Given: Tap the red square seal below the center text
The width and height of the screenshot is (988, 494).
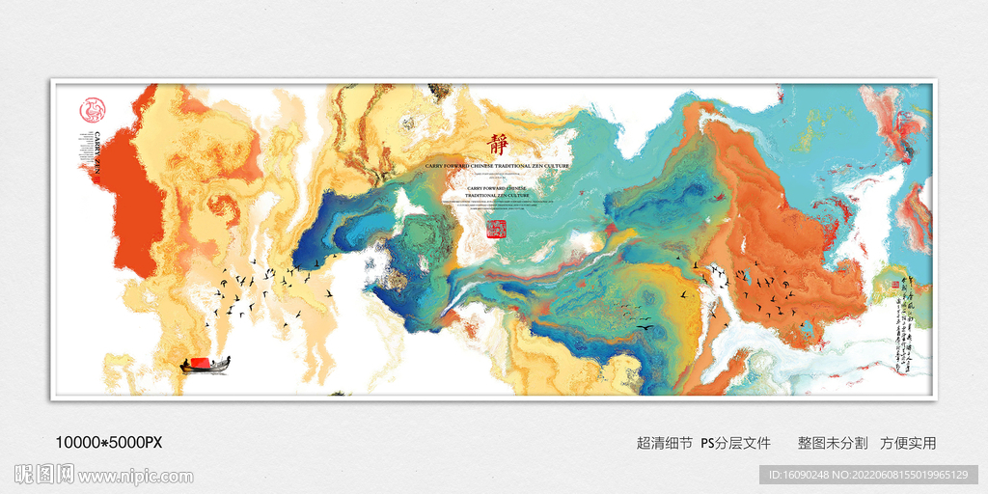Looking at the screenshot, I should coord(496,228).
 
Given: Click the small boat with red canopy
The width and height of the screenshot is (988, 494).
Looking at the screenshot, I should coord(206,364).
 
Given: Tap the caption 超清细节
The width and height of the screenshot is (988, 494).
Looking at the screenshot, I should coord(665,443).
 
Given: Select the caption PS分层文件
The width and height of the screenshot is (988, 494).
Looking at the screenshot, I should coord(735,443).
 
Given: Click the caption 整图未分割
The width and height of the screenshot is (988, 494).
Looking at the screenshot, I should coord(832,443).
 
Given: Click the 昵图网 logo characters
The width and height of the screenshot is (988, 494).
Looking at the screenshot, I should coord(44,474).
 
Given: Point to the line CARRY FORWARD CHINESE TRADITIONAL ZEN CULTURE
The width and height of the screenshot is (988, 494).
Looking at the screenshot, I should coord(497,166).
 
